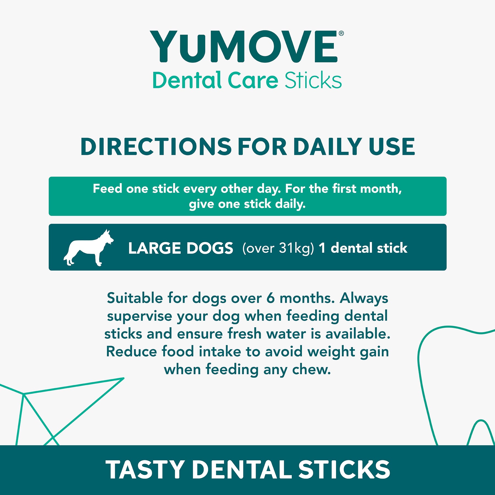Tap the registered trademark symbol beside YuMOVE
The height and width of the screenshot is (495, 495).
[x=341, y=34]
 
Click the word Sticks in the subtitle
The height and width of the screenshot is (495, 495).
[x=313, y=80]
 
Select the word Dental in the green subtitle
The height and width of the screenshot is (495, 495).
[x=187, y=80]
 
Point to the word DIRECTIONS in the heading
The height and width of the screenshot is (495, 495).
[x=156, y=147]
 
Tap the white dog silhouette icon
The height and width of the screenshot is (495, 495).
[x=89, y=248]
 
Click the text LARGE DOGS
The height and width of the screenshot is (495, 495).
[x=181, y=248]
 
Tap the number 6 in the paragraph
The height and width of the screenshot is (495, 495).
[x=271, y=298]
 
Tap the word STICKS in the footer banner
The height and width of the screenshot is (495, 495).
[x=344, y=470]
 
